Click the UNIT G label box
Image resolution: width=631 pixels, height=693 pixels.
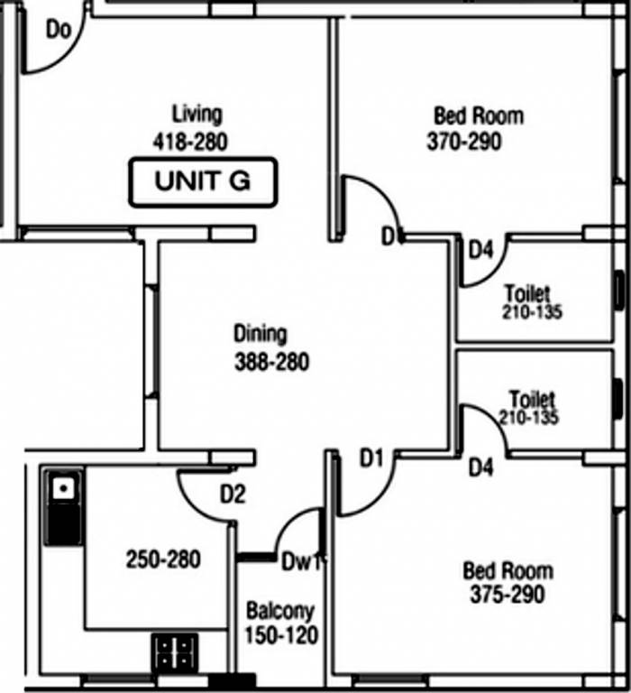pos(202,181)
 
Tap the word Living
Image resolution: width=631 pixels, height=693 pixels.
pos(197,115)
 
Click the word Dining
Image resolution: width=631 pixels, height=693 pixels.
pos(260,334)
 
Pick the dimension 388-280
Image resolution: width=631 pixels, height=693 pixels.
pos(271,363)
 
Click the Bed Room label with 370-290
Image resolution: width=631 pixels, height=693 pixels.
pos(478,115)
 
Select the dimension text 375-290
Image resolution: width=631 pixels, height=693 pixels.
pos(507,595)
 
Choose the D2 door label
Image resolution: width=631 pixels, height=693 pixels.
pos(233,494)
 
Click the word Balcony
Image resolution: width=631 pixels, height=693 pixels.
pos(280,610)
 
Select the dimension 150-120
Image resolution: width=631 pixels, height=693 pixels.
pos(280,636)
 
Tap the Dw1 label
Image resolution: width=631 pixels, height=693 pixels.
pos(300,561)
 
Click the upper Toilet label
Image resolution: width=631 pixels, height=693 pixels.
pos(526,293)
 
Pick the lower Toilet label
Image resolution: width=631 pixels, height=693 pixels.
pos(532,398)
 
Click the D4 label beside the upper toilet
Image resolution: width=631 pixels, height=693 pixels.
pos(480,250)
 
